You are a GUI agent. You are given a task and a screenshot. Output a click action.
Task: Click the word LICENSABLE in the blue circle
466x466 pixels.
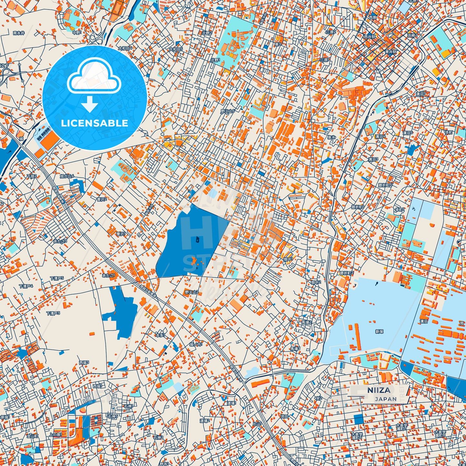[94, 123]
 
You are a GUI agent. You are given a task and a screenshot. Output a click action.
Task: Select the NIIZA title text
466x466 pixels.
[379, 390]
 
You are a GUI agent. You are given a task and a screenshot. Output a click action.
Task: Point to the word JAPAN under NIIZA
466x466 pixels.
[386, 399]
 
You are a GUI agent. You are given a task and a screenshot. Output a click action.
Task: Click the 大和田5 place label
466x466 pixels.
[176, 49]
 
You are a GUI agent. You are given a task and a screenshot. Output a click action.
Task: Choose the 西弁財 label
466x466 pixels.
[370, 37]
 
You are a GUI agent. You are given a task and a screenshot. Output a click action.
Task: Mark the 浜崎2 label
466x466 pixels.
[412, 35]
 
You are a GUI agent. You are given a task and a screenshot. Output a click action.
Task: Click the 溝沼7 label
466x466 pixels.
[421, 94]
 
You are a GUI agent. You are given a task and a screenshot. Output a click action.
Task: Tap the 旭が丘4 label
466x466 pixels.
[67, 176]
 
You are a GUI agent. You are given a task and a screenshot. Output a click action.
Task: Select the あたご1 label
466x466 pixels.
[108, 275]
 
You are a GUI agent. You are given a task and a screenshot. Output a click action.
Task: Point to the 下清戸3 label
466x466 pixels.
[53, 313]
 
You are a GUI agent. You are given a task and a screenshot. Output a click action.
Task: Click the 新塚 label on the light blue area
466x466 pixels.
[379, 332]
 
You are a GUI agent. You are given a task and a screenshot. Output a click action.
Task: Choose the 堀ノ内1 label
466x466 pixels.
[196, 344]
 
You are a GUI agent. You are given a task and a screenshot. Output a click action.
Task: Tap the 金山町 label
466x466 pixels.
[33, 436]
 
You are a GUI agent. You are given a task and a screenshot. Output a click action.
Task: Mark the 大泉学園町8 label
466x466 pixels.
[440, 433]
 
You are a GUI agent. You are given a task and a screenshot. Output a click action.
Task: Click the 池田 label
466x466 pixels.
[284, 416]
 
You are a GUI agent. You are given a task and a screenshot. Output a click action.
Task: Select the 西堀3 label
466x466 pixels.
[84, 363]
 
